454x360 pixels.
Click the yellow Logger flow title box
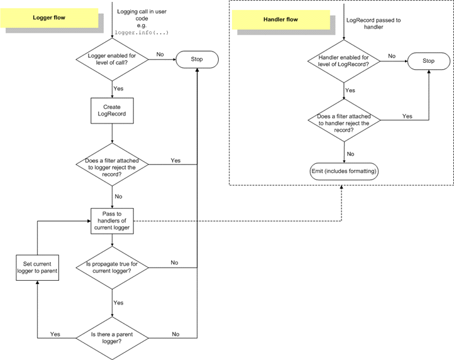(x=50, y=18)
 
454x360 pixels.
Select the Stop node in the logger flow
(x=197, y=60)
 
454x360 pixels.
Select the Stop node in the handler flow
(x=428, y=61)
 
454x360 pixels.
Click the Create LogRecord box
(x=112, y=111)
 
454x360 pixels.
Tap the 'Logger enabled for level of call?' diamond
(x=112, y=60)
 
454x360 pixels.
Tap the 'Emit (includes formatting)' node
(x=345, y=171)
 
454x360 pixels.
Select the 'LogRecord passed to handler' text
(x=373, y=24)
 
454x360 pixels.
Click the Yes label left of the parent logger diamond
(x=55, y=334)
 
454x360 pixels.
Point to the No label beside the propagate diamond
(x=174, y=263)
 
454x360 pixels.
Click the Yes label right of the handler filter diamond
(x=407, y=116)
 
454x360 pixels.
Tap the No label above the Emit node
(x=351, y=153)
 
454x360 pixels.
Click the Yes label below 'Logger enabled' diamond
(x=118, y=89)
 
